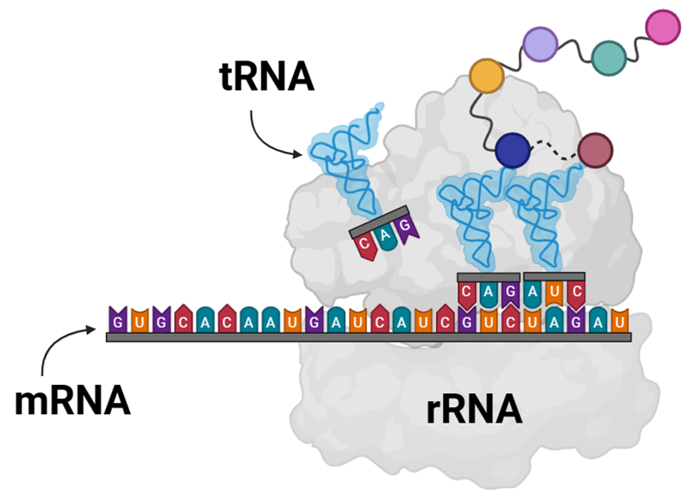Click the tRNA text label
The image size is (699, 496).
(266, 79)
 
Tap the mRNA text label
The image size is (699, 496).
(72, 402)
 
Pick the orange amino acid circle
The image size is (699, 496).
(486, 78)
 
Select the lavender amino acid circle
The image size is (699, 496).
(540, 44)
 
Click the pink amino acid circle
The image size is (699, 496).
(663, 27)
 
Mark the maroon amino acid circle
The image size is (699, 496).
(595, 150)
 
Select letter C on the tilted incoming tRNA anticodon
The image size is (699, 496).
(365, 245)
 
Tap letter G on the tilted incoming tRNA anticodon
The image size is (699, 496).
(406, 227)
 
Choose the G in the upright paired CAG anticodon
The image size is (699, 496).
(510, 292)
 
